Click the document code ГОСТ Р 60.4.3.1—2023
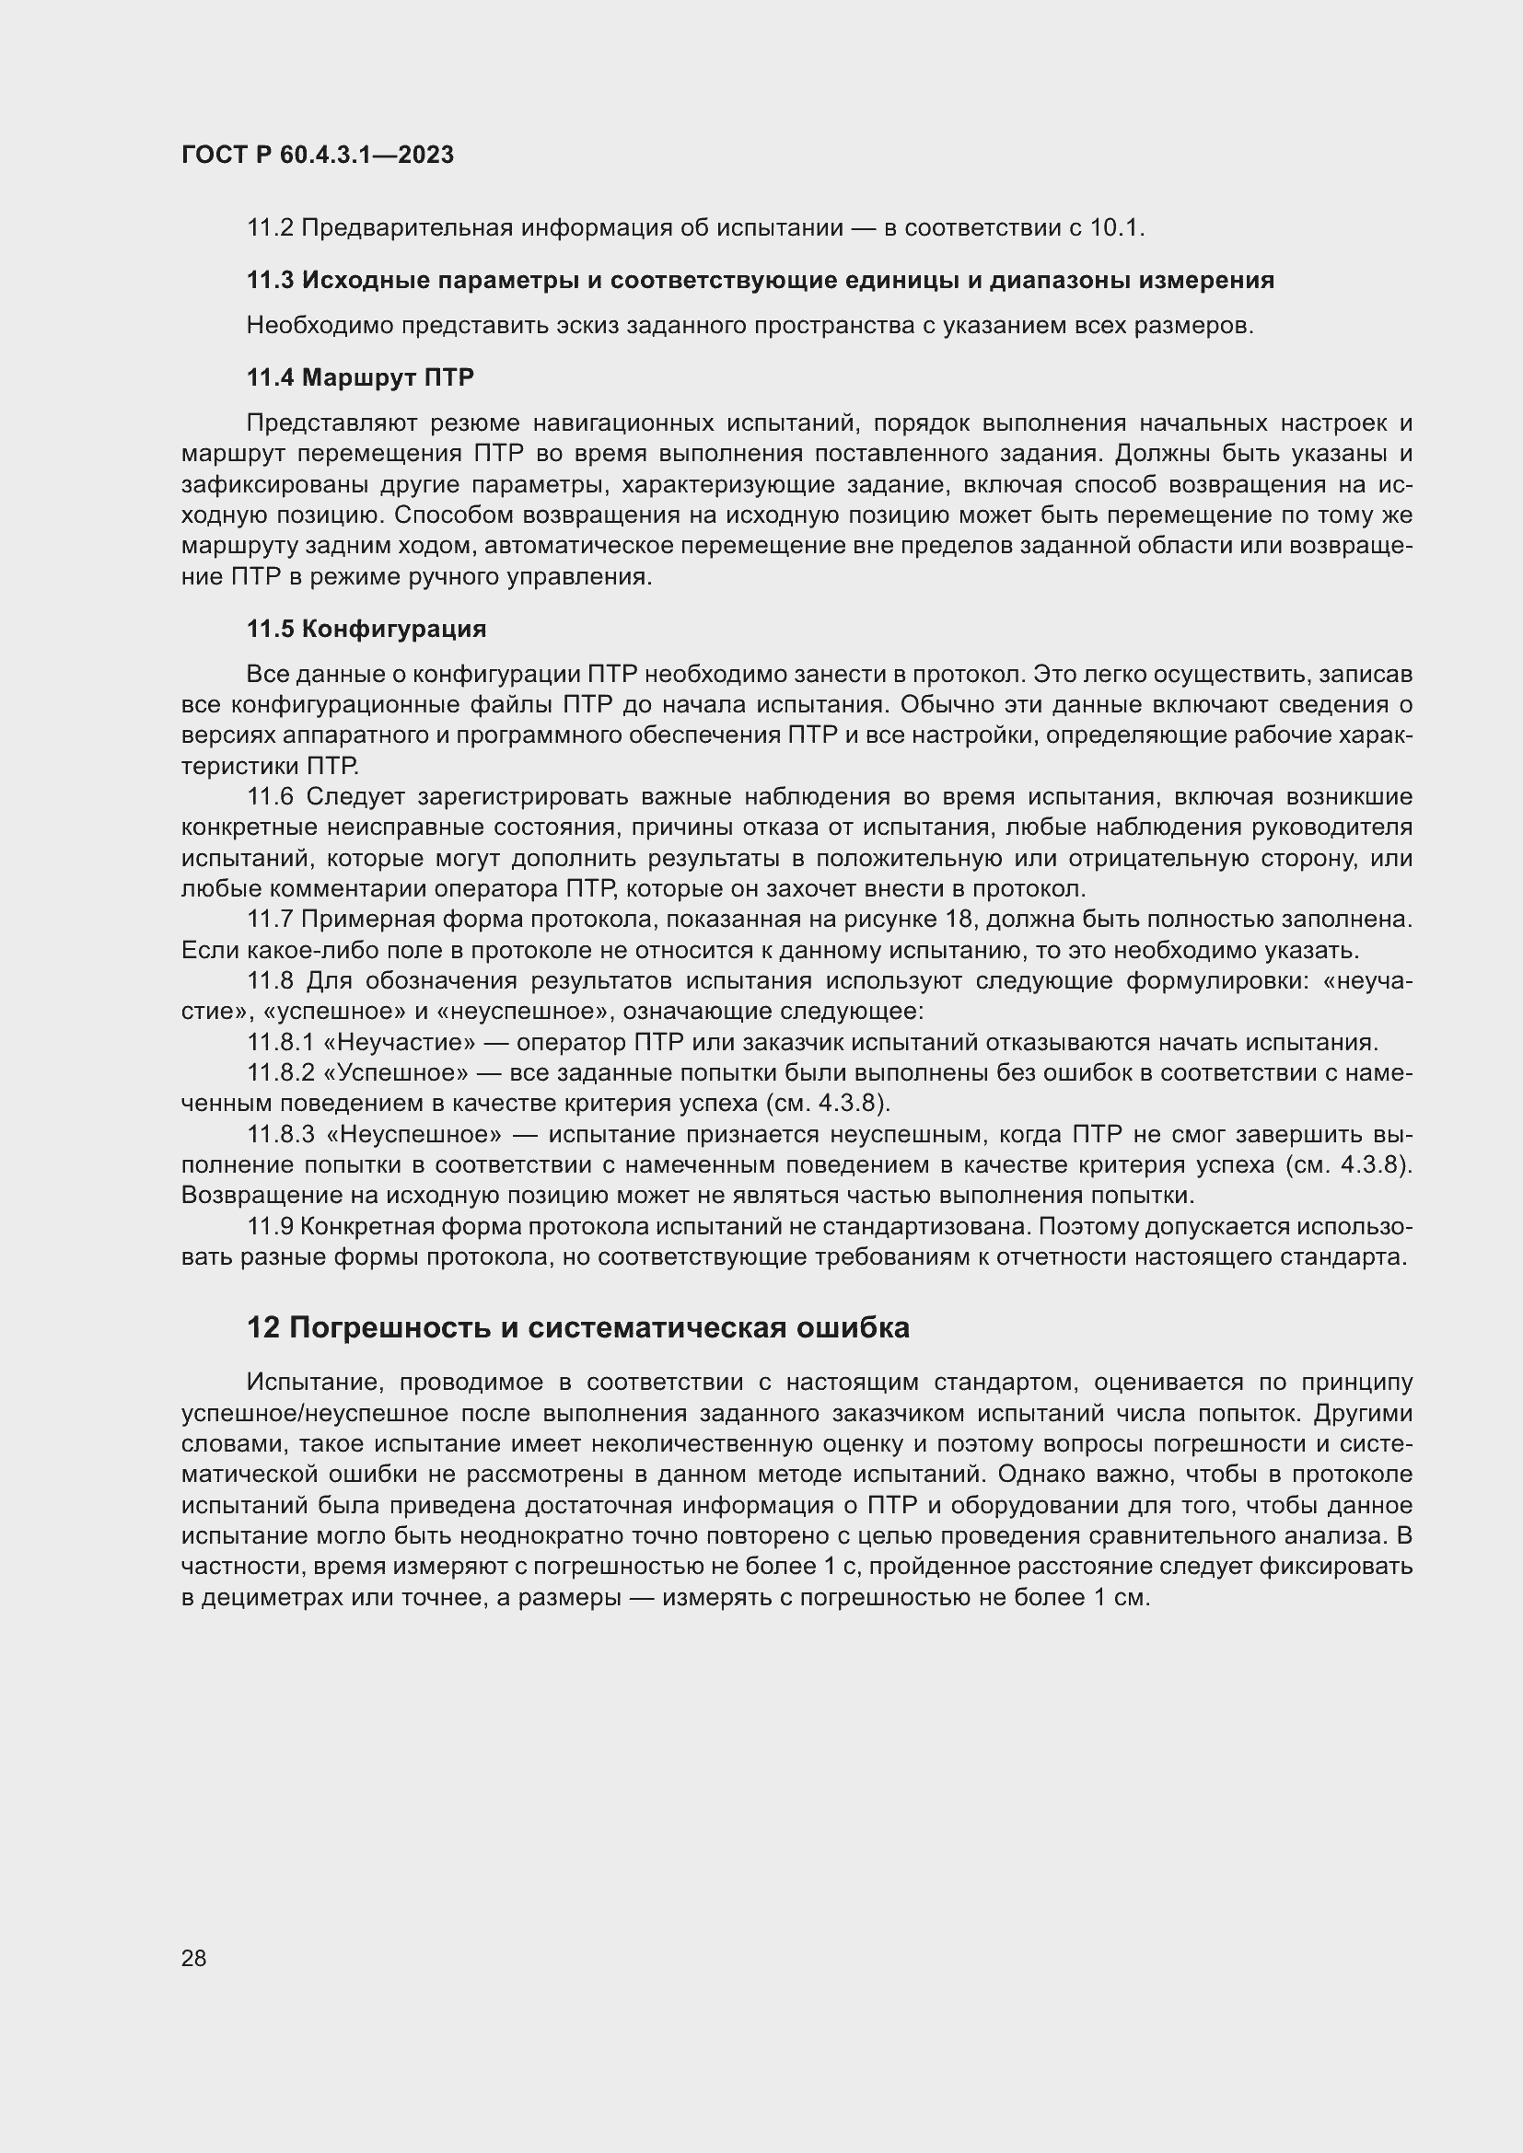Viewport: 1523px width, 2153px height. pos(317,155)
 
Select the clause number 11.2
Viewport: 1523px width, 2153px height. pos(269,228)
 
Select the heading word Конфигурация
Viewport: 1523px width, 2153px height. pos(394,630)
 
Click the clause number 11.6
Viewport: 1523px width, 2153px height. pos(270,797)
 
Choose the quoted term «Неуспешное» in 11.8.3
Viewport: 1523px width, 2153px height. pos(414,1136)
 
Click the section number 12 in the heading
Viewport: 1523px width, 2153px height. pos(262,1329)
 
